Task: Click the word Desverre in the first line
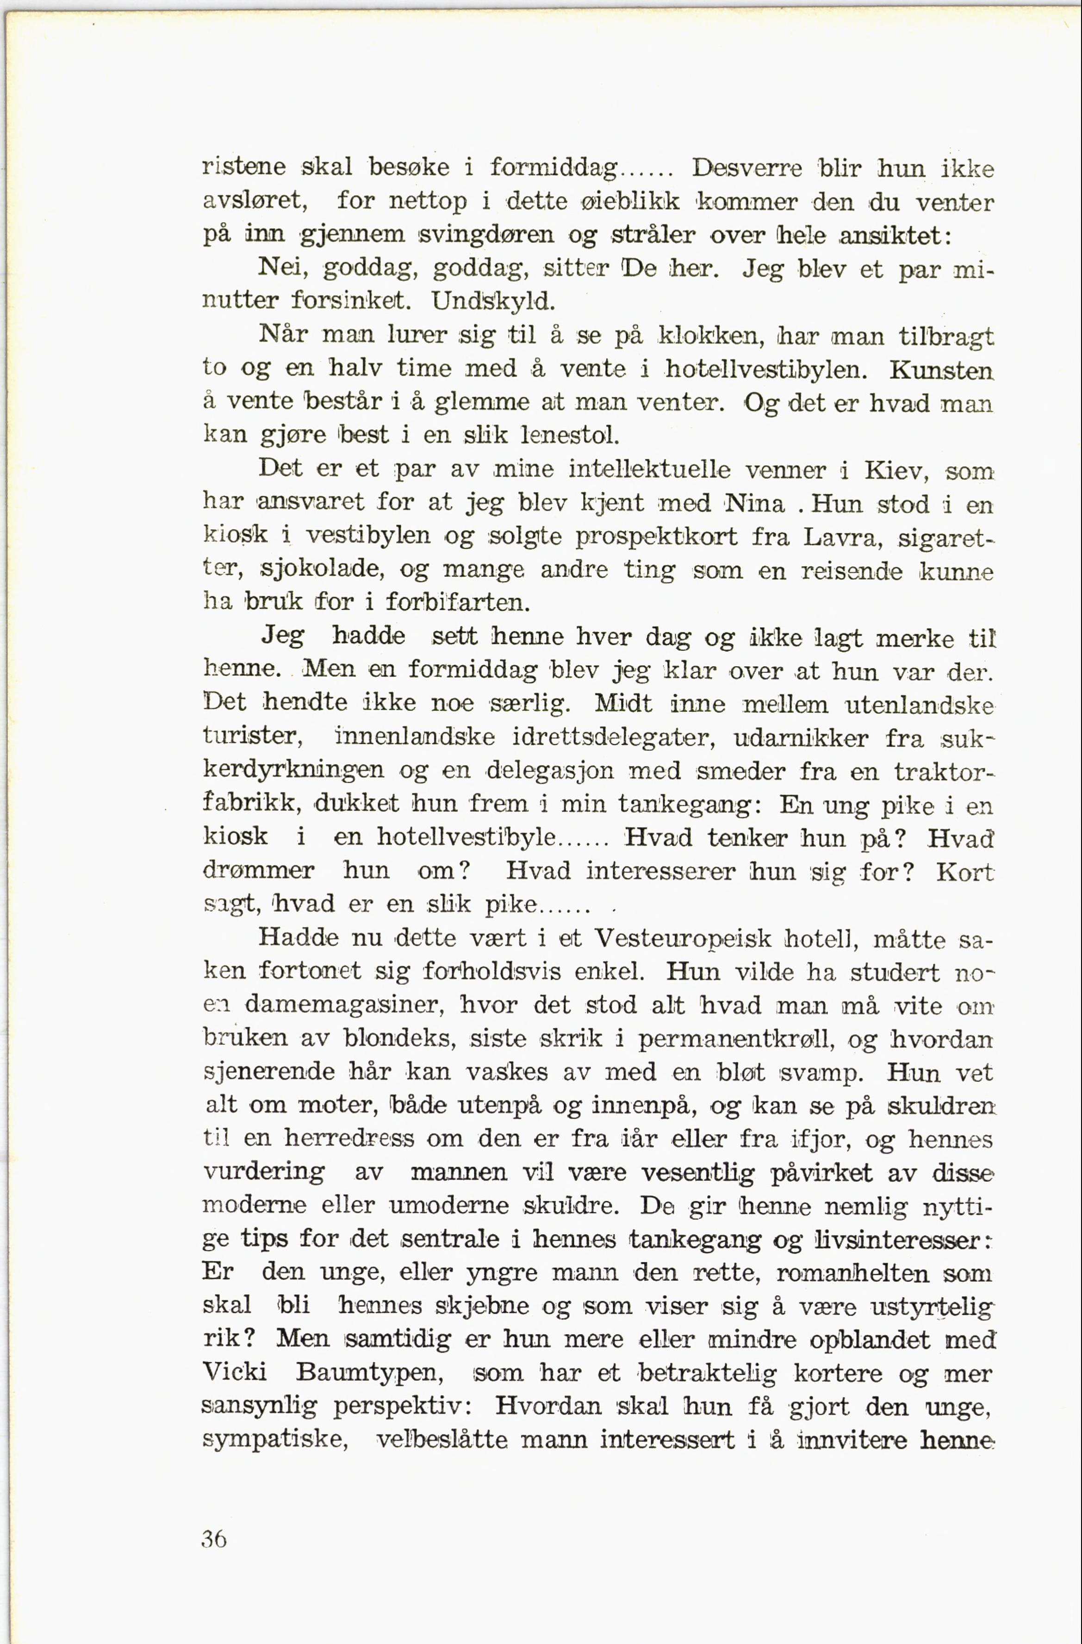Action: pyautogui.click(x=747, y=168)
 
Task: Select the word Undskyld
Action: pyautogui.click(x=493, y=301)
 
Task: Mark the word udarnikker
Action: pyautogui.click(x=800, y=738)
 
